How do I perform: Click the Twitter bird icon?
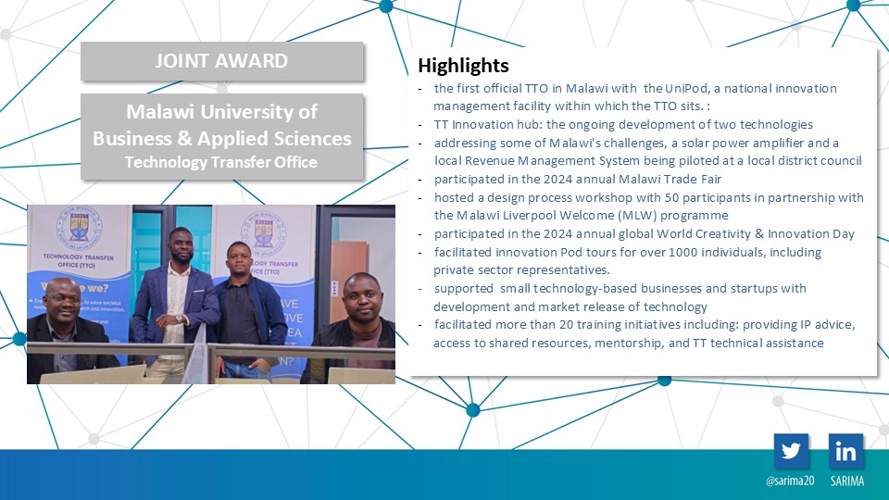point(791,451)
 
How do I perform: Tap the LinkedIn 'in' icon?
point(845,451)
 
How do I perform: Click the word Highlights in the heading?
point(463,66)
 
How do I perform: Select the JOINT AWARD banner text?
point(221,61)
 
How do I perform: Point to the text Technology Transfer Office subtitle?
point(221,162)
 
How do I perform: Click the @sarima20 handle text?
point(790,481)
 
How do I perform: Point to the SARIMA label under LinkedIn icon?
point(847,481)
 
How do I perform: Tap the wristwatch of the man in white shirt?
point(179,319)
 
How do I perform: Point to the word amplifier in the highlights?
point(779,143)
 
